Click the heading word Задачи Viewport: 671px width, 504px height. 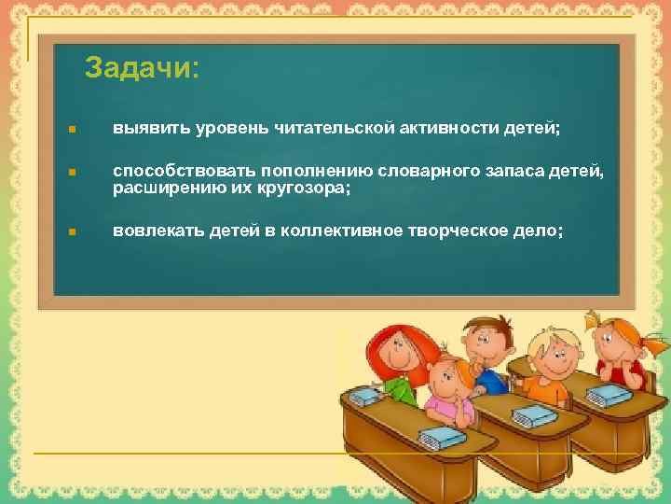[141, 68]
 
